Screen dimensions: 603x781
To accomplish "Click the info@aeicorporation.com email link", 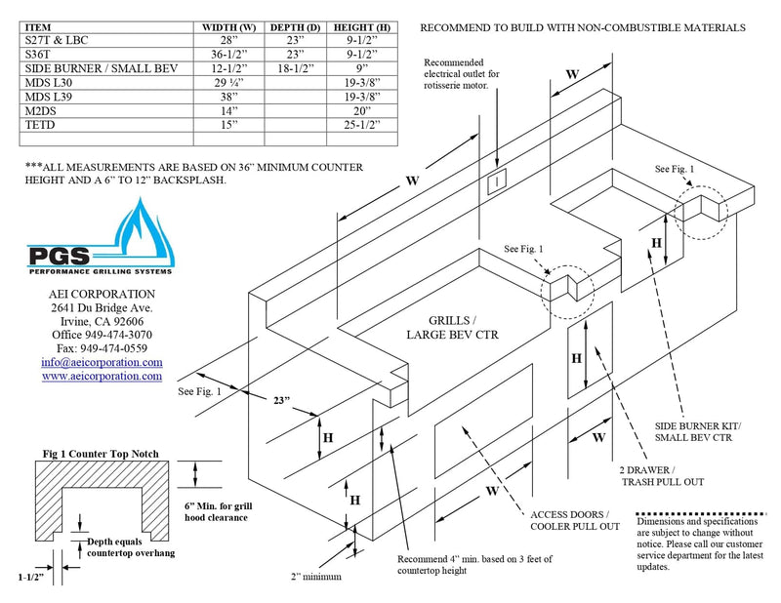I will pyautogui.click(x=102, y=362).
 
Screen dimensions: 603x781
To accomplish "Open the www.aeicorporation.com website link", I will pyautogui.click(x=102, y=376).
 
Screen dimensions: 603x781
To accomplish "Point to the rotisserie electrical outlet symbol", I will pyautogui.click(x=497, y=180).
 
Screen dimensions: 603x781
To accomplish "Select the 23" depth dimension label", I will pyautogui.click(x=281, y=401).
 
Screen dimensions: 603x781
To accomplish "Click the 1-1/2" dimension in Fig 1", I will pyautogui.click(x=33, y=579).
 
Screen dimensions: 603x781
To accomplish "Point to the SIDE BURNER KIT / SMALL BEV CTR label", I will pyautogui.click(x=698, y=432).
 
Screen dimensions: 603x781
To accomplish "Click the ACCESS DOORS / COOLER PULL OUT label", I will pyautogui.click(x=575, y=520).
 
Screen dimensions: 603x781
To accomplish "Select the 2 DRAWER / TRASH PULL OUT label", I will pyautogui.click(x=662, y=476).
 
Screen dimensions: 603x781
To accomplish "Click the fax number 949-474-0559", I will pyautogui.click(x=102, y=348).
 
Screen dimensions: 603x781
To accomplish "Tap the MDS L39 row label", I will pyautogui.click(x=50, y=97).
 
